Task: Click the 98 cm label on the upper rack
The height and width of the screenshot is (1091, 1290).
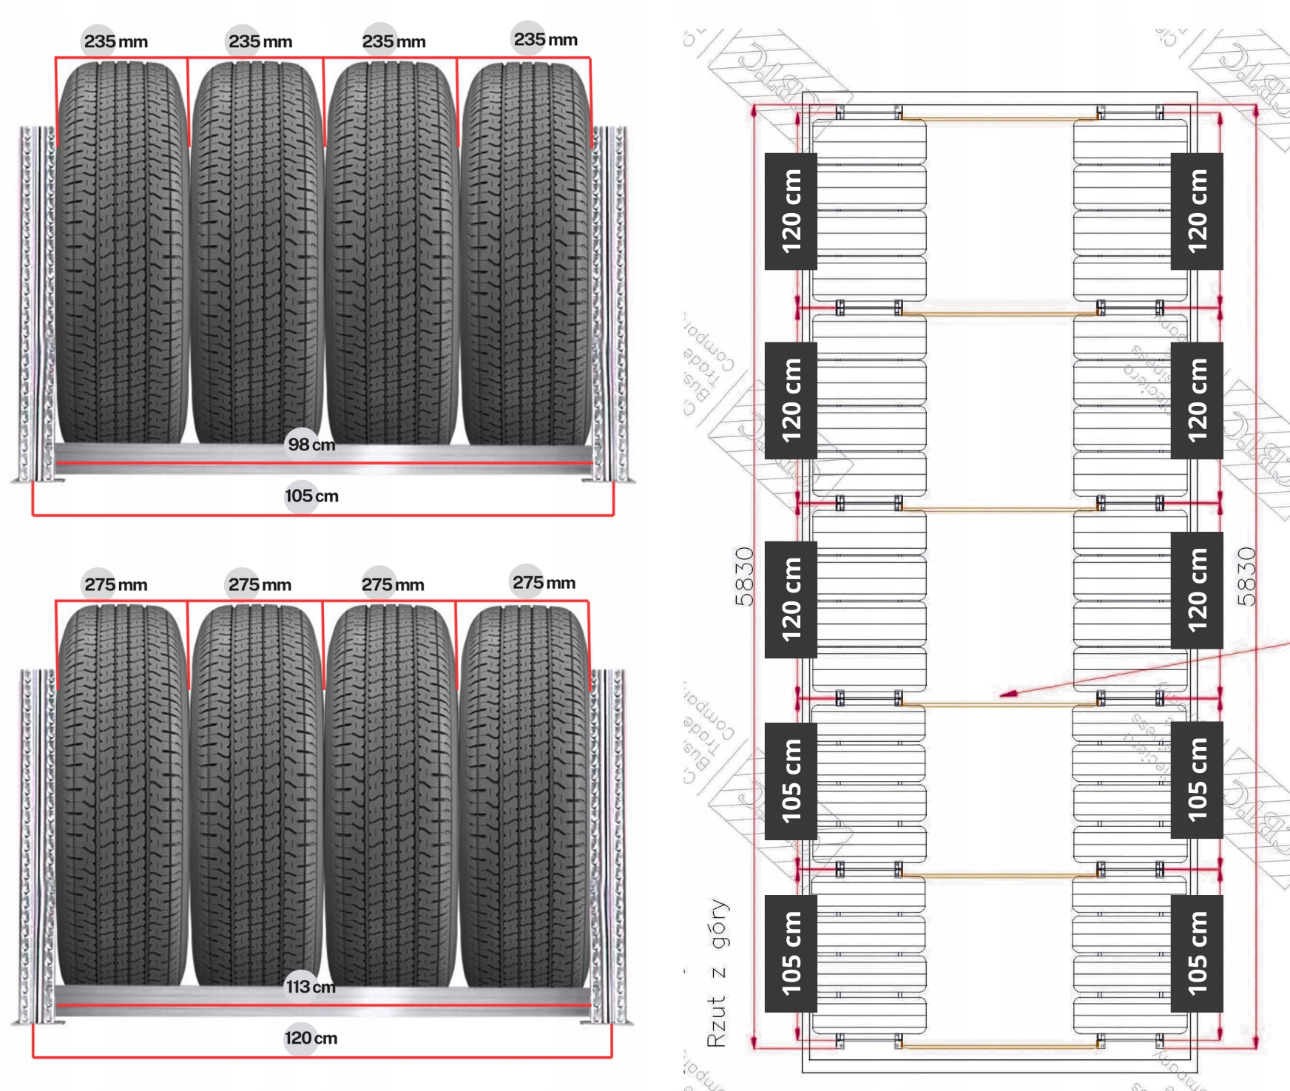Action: tap(311, 445)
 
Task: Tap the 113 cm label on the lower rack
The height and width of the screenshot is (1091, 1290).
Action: tap(311, 987)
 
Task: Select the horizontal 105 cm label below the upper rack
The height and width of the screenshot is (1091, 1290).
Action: tap(311, 496)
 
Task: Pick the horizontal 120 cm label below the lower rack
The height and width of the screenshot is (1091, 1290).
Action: tap(311, 1038)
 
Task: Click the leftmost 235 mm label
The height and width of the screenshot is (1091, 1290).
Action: tap(115, 41)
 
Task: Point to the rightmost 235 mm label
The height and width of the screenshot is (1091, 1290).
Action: tap(545, 39)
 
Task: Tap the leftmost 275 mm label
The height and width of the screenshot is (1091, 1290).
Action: tap(115, 584)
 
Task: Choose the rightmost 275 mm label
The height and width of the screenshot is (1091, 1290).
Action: tap(544, 582)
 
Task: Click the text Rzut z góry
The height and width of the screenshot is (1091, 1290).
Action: tap(717, 973)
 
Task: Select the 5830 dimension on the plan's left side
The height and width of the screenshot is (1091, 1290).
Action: tap(744, 576)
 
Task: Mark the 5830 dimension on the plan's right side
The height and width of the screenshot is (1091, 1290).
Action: tap(1246, 576)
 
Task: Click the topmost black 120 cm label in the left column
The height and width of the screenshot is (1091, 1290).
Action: tap(791, 211)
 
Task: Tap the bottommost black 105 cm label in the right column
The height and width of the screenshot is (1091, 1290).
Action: tap(1197, 953)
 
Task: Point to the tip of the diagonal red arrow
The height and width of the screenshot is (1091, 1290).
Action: tap(1001, 695)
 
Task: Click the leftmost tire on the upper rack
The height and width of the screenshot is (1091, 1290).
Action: tap(122, 251)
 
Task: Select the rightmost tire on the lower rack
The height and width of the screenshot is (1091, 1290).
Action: tap(525, 795)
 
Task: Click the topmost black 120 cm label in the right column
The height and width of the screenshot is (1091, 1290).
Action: tap(1197, 211)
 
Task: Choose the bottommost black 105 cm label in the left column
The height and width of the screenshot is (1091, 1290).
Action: tap(791, 953)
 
